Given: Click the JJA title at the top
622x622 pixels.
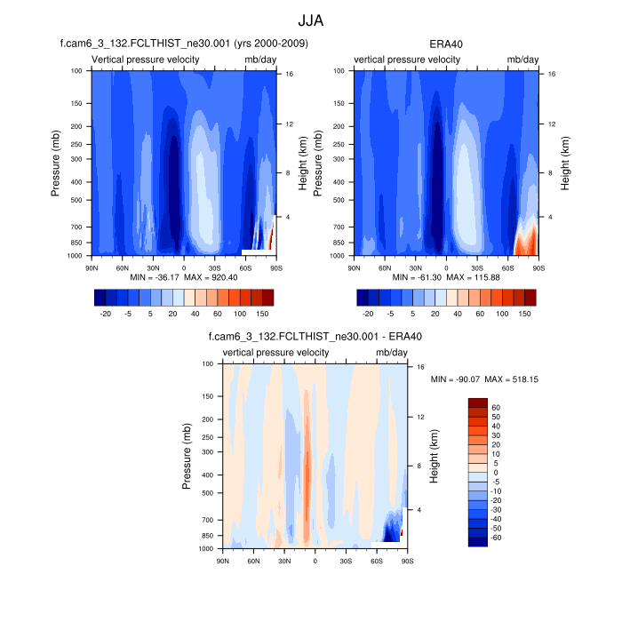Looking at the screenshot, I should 311,20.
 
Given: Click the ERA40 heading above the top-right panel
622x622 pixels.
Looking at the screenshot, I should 446,42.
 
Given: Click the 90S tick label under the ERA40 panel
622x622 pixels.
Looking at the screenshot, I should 538,267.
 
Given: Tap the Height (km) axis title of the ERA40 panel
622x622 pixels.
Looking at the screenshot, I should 565,163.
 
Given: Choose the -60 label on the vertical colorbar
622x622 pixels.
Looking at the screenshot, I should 498,538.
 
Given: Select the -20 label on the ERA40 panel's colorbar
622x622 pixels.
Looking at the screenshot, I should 368,313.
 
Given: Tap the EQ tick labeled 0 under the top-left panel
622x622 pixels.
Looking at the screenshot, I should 184,267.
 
